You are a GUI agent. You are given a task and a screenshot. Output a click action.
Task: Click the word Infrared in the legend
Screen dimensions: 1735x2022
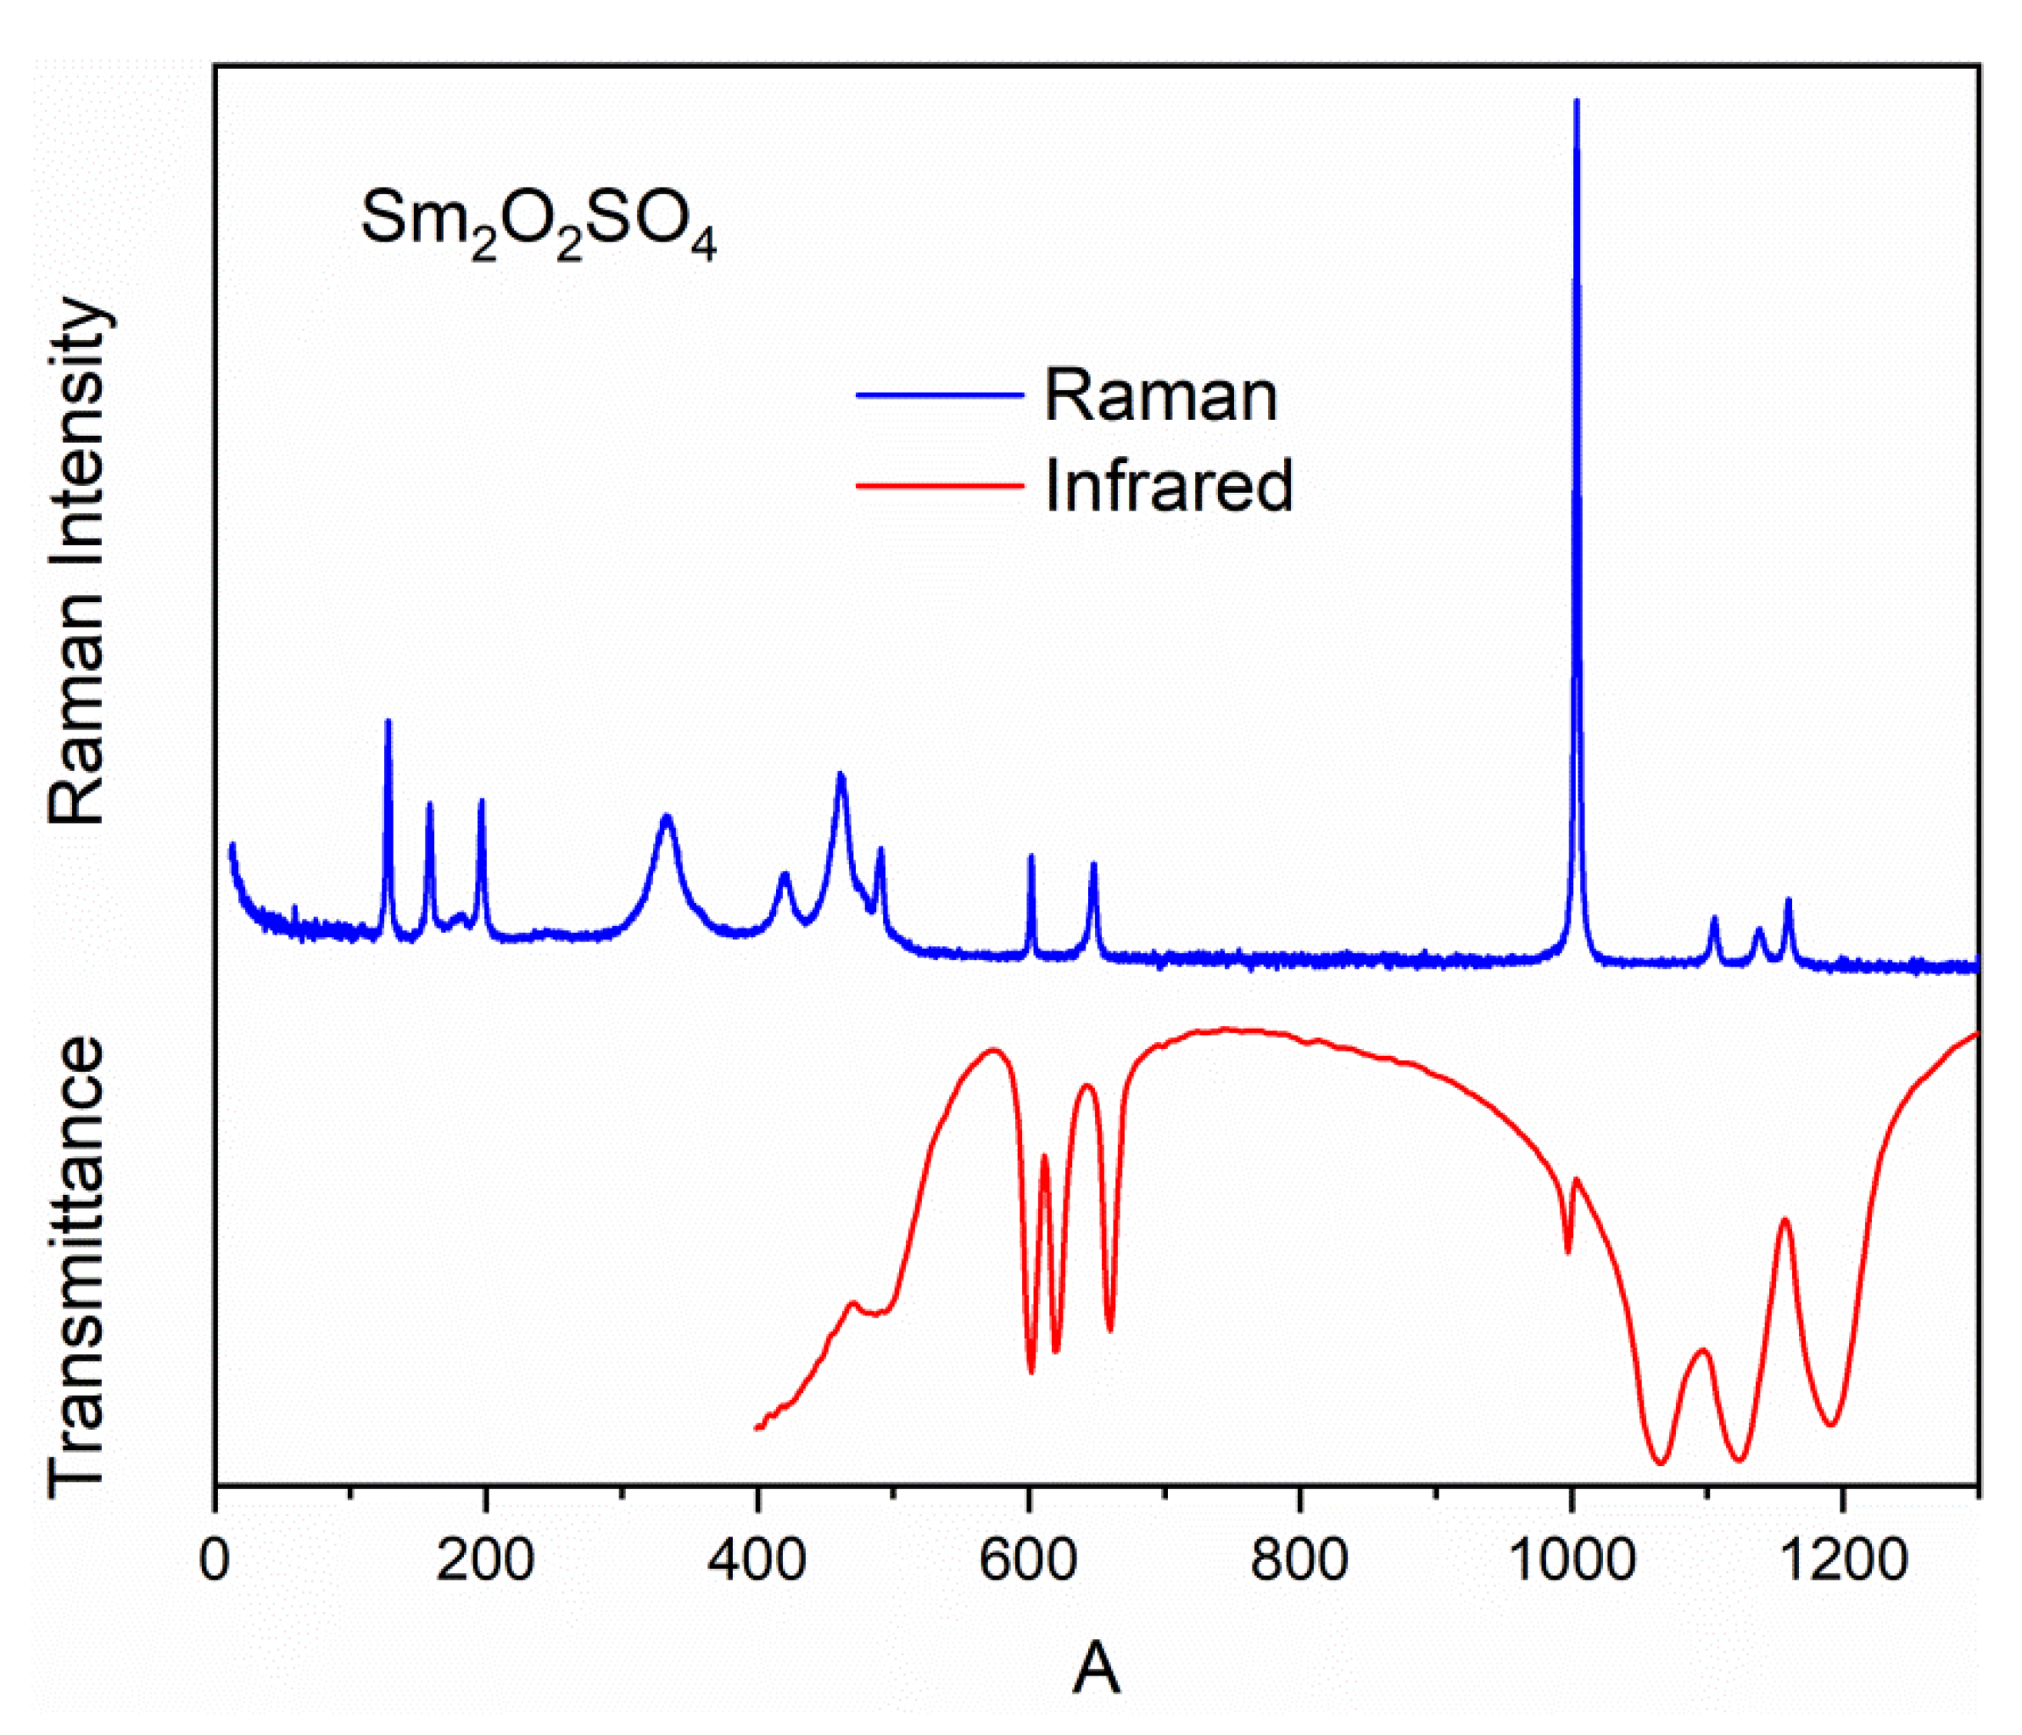click(1168, 485)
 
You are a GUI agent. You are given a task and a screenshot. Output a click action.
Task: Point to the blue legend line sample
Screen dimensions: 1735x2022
click(939, 395)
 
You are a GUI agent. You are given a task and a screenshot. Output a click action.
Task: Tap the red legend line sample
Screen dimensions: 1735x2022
click(939, 485)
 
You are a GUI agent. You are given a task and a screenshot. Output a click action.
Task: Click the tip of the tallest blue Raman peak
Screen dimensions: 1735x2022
click(1576, 102)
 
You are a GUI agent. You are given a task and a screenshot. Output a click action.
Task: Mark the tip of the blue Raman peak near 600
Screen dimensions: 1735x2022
click(1031, 856)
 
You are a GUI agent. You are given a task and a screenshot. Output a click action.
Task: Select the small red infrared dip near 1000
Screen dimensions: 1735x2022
click(1568, 1252)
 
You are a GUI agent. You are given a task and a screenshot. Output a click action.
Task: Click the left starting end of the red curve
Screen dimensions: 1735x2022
click(757, 1429)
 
